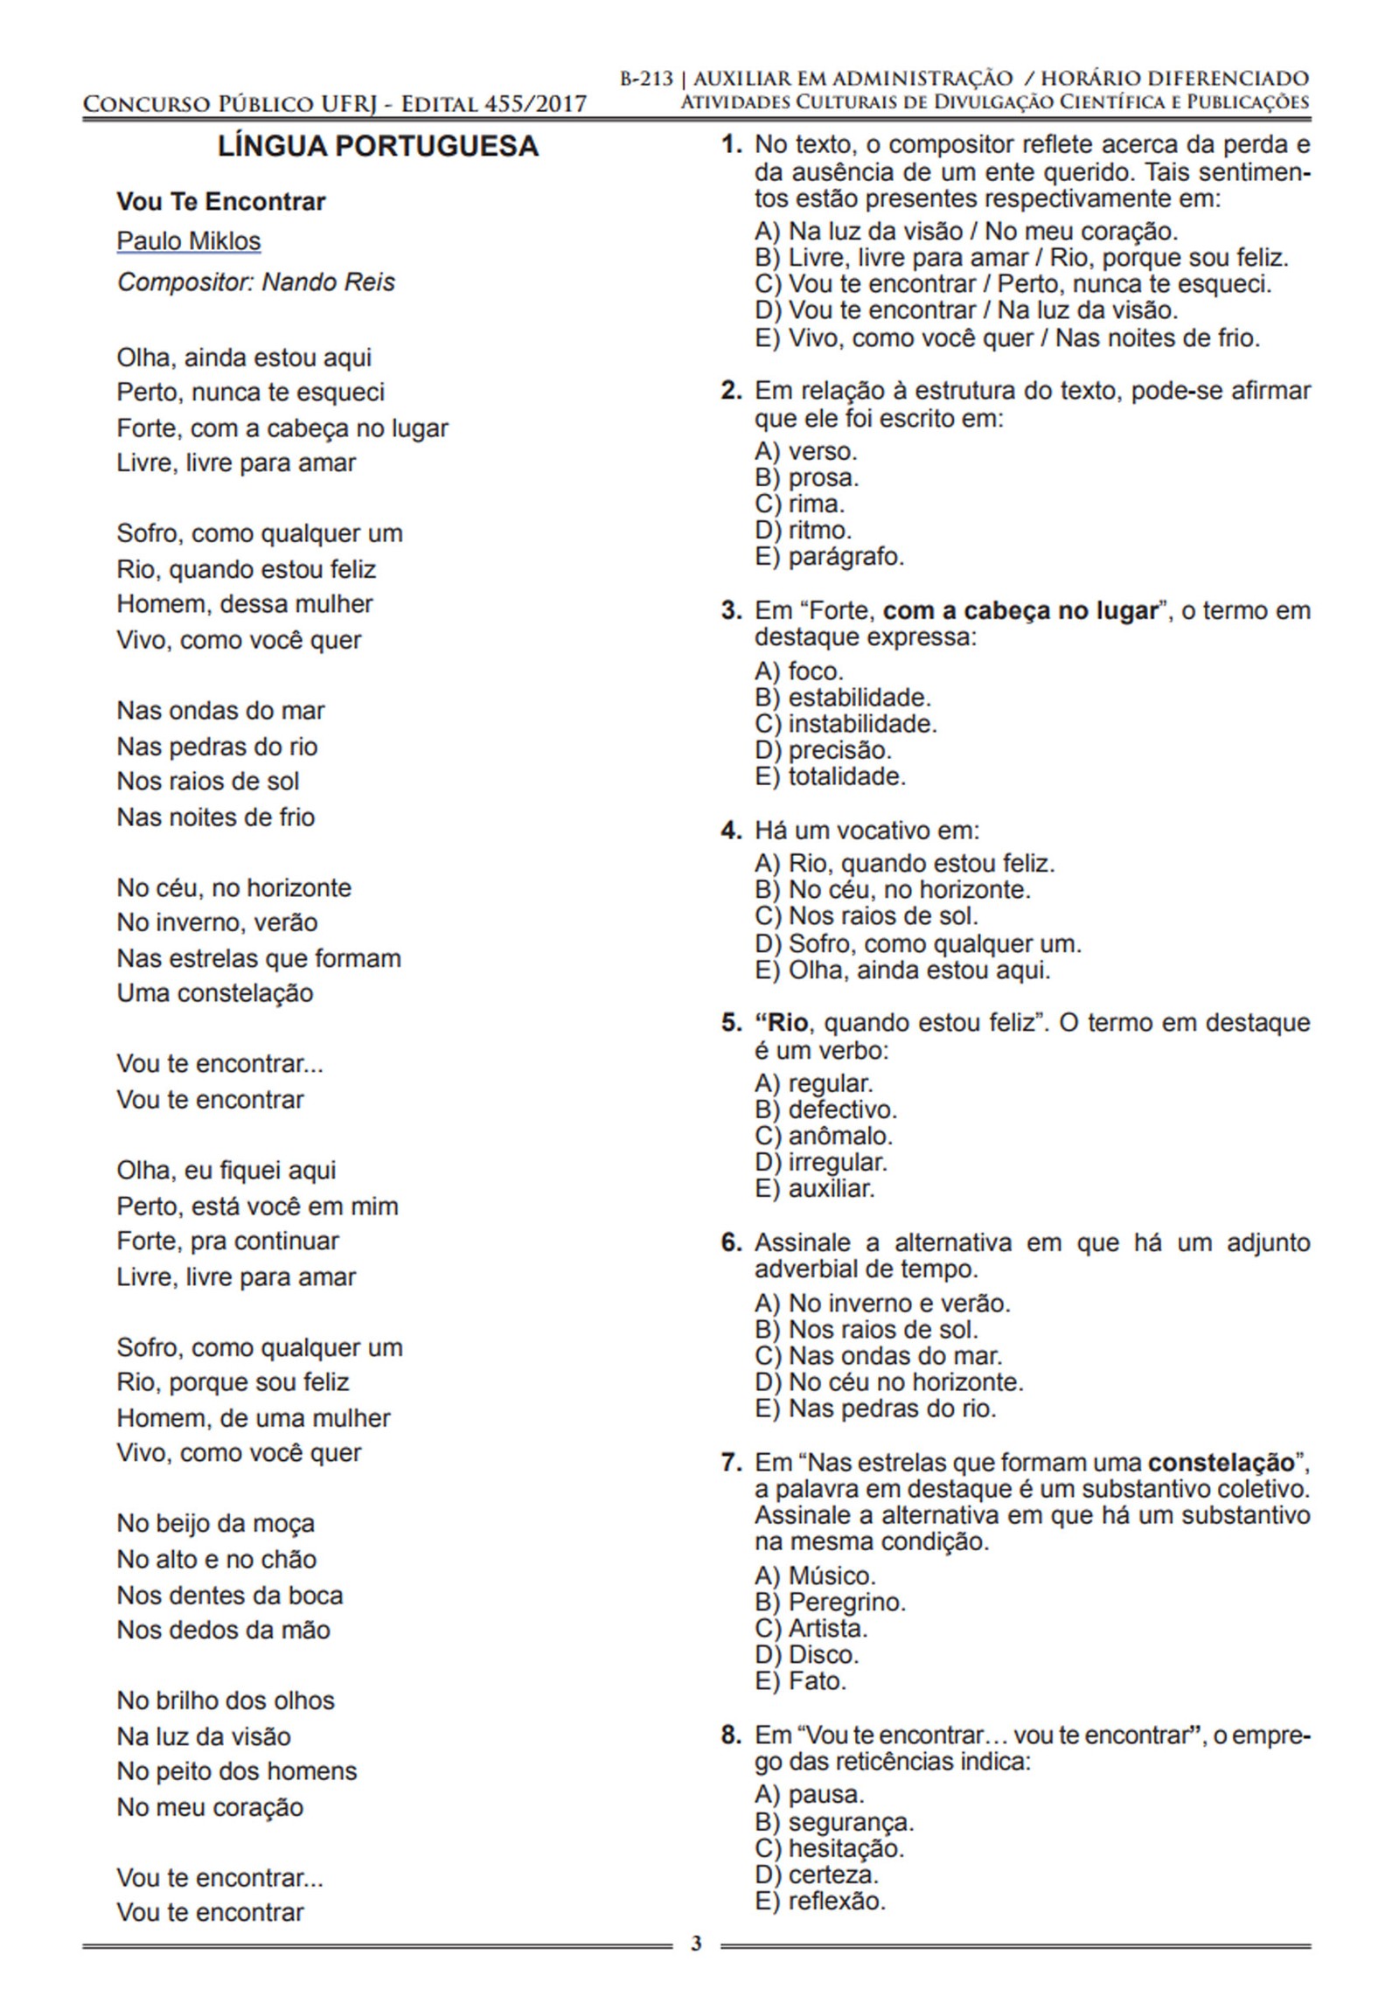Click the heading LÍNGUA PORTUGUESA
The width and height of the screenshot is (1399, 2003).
coord(378,146)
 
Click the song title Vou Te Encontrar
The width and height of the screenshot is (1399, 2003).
coord(220,202)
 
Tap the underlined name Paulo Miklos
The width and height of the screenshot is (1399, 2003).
coord(189,241)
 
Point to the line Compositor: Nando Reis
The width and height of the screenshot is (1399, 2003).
coord(255,282)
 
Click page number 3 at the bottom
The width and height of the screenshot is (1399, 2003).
coord(696,1944)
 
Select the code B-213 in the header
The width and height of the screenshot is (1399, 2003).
coord(646,79)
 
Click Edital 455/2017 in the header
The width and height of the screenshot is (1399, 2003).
coord(493,105)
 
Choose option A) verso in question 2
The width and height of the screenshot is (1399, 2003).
coord(805,451)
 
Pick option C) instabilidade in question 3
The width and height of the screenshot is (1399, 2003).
coord(846,724)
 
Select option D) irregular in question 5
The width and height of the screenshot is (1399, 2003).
coord(821,1163)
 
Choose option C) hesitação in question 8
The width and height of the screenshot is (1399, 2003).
coord(830,1847)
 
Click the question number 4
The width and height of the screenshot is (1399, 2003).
coord(731,831)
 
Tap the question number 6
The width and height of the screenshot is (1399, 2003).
coord(731,1242)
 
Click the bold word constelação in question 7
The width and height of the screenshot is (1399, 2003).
coord(1221,1462)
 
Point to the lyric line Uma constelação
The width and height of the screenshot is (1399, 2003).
coord(215,993)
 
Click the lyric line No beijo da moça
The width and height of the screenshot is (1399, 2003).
coord(215,1524)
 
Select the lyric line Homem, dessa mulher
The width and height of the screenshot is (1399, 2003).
coord(245,604)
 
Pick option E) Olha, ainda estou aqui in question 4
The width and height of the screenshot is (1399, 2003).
coord(902,970)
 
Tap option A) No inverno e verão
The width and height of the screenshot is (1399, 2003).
coord(882,1304)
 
